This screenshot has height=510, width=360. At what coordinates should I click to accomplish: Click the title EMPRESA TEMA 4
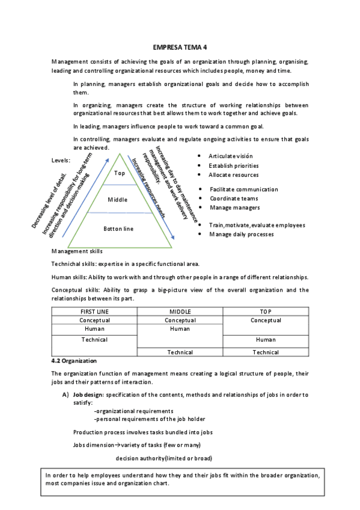tap(180, 48)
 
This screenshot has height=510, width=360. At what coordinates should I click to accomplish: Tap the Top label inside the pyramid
tap(119, 173)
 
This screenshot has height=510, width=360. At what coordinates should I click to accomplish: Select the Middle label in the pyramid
tap(118, 200)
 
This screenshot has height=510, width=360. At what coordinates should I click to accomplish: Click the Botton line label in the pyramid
tap(118, 229)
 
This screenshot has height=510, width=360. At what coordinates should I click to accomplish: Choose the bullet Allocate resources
tap(233, 175)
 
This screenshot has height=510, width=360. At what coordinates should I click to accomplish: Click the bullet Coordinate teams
tap(234, 198)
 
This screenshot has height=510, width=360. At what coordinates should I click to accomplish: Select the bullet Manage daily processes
tap(241, 234)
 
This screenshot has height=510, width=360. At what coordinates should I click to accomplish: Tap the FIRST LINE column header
tap(94, 312)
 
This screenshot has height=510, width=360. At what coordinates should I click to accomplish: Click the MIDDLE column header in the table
tap(180, 312)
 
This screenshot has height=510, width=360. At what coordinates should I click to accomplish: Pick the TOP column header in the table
tap(266, 312)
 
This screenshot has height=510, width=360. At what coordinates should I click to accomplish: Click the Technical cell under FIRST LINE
tap(94, 340)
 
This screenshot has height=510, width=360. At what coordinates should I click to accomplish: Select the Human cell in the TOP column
tap(266, 340)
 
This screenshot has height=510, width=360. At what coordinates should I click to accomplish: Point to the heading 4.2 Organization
tap(74, 361)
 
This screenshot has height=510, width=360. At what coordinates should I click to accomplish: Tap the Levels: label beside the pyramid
tap(61, 161)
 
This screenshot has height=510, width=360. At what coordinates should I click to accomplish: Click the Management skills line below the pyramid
tap(77, 251)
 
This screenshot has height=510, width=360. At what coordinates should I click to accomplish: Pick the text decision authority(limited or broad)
tap(163, 458)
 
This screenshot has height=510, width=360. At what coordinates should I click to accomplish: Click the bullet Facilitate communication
tap(243, 189)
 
